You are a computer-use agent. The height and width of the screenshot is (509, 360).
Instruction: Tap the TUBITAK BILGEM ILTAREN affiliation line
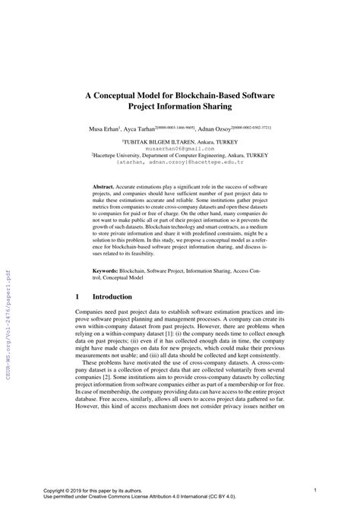[x=180, y=141]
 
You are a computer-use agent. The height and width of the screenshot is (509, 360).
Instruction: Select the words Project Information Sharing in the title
[x=180, y=109]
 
